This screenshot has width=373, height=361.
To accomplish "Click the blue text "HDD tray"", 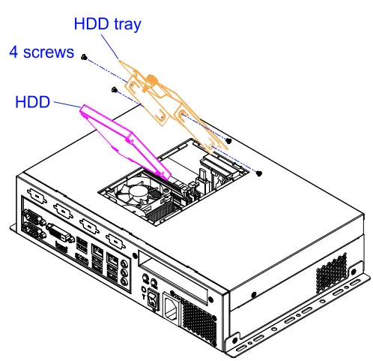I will (x=107, y=23).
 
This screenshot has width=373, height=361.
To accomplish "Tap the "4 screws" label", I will (x=41, y=53).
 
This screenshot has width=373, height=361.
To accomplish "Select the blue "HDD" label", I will (x=32, y=101).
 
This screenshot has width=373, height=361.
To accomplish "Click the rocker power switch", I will (x=153, y=302).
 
